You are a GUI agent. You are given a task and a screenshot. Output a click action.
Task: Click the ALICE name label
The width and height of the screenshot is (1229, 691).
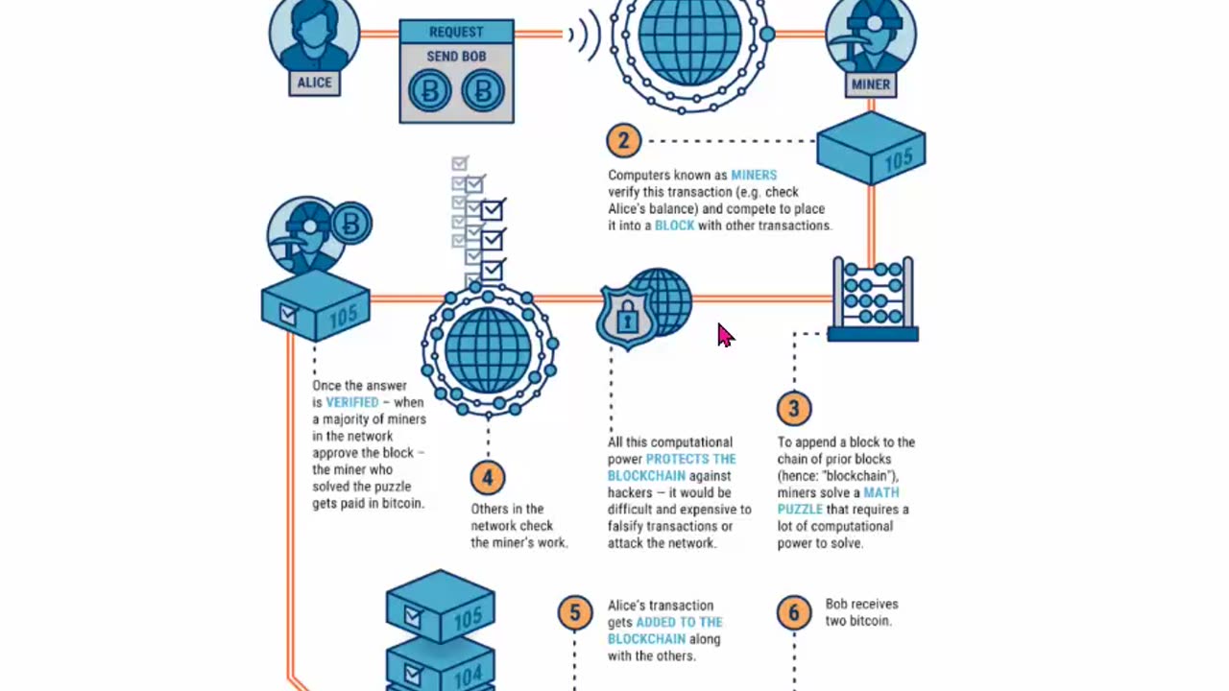(314, 83)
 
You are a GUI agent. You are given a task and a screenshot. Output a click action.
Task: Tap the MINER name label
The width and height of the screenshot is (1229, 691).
(871, 84)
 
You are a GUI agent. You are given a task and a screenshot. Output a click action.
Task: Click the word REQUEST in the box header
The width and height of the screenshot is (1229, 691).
(456, 32)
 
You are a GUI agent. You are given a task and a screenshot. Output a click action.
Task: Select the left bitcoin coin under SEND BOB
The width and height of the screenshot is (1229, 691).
(429, 92)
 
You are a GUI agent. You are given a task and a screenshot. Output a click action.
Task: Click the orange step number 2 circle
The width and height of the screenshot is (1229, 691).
(623, 141)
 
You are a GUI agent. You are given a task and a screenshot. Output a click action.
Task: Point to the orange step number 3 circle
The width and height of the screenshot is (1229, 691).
(794, 409)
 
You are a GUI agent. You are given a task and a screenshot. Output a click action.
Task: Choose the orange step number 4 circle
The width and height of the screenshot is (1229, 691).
(488, 477)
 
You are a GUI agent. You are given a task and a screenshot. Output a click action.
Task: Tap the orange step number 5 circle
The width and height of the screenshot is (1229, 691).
(575, 612)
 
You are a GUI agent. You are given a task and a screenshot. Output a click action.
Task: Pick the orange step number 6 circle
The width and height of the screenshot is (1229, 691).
(794, 612)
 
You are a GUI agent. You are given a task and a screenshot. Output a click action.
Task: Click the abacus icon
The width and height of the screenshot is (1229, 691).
(873, 298)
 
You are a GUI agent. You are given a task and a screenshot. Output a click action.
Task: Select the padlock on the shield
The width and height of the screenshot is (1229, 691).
(626, 318)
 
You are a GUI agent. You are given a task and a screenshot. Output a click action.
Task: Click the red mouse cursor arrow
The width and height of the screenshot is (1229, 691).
(724, 334)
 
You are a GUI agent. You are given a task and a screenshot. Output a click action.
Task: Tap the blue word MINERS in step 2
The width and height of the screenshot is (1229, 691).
(754, 175)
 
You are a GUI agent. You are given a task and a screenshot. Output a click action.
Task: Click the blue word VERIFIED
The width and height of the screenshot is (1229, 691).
(352, 402)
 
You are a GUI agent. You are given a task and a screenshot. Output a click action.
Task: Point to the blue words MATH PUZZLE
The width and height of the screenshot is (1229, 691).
(838, 501)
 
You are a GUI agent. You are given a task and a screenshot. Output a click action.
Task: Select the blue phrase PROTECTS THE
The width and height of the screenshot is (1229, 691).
(690, 459)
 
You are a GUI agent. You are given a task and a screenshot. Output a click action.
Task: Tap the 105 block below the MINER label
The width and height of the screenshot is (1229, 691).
(871, 149)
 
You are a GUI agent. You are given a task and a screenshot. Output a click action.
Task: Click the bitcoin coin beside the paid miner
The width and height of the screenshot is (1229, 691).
(350, 225)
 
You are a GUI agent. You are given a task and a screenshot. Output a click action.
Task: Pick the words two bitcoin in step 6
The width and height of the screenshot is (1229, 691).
(858, 621)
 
